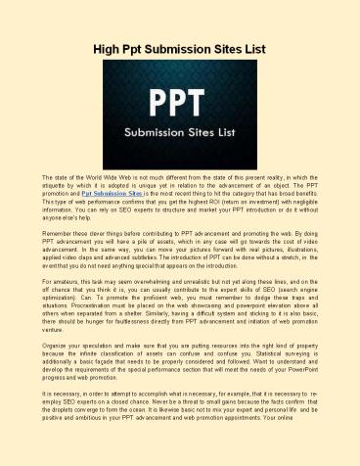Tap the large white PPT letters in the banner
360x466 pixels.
pyautogui.click(x=180, y=96)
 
